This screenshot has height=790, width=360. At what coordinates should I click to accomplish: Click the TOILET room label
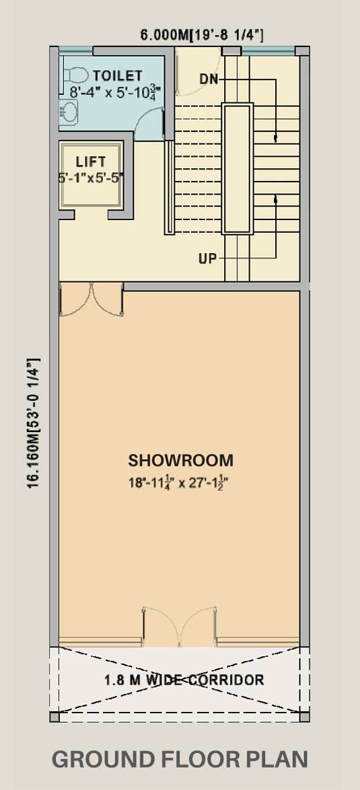tap(117, 75)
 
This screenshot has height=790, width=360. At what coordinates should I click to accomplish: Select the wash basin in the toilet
tap(69, 112)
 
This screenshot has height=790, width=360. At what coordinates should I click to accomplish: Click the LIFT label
tap(91, 161)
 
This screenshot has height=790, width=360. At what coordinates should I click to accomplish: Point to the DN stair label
tap(209, 79)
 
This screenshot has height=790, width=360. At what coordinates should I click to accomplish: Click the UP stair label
tap(207, 259)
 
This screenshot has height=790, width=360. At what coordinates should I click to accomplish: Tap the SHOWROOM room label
tap(181, 460)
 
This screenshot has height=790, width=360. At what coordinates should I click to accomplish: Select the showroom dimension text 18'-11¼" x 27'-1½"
tap(181, 482)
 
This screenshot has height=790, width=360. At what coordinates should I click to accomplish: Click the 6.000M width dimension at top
tap(201, 35)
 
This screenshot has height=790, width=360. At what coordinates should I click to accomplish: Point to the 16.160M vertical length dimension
tap(34, 423)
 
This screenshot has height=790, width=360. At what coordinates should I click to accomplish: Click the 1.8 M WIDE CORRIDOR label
tap(184, 680)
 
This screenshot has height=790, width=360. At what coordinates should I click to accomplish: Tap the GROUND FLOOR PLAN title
tap(180, 759)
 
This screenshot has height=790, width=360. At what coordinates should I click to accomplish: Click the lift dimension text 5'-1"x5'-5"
tap(91, 178)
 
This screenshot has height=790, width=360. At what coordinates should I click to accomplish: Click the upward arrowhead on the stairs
tap(276, 200)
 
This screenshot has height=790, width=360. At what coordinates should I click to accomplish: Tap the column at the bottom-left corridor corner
tap(54, 717)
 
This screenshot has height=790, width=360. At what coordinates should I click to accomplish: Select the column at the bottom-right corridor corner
tap(305, 717)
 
